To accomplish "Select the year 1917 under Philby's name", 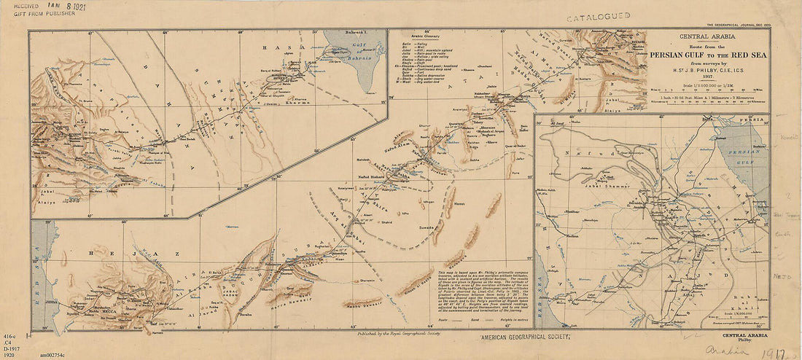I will point(708,75).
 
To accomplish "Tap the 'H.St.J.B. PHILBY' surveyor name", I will point(708,68).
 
